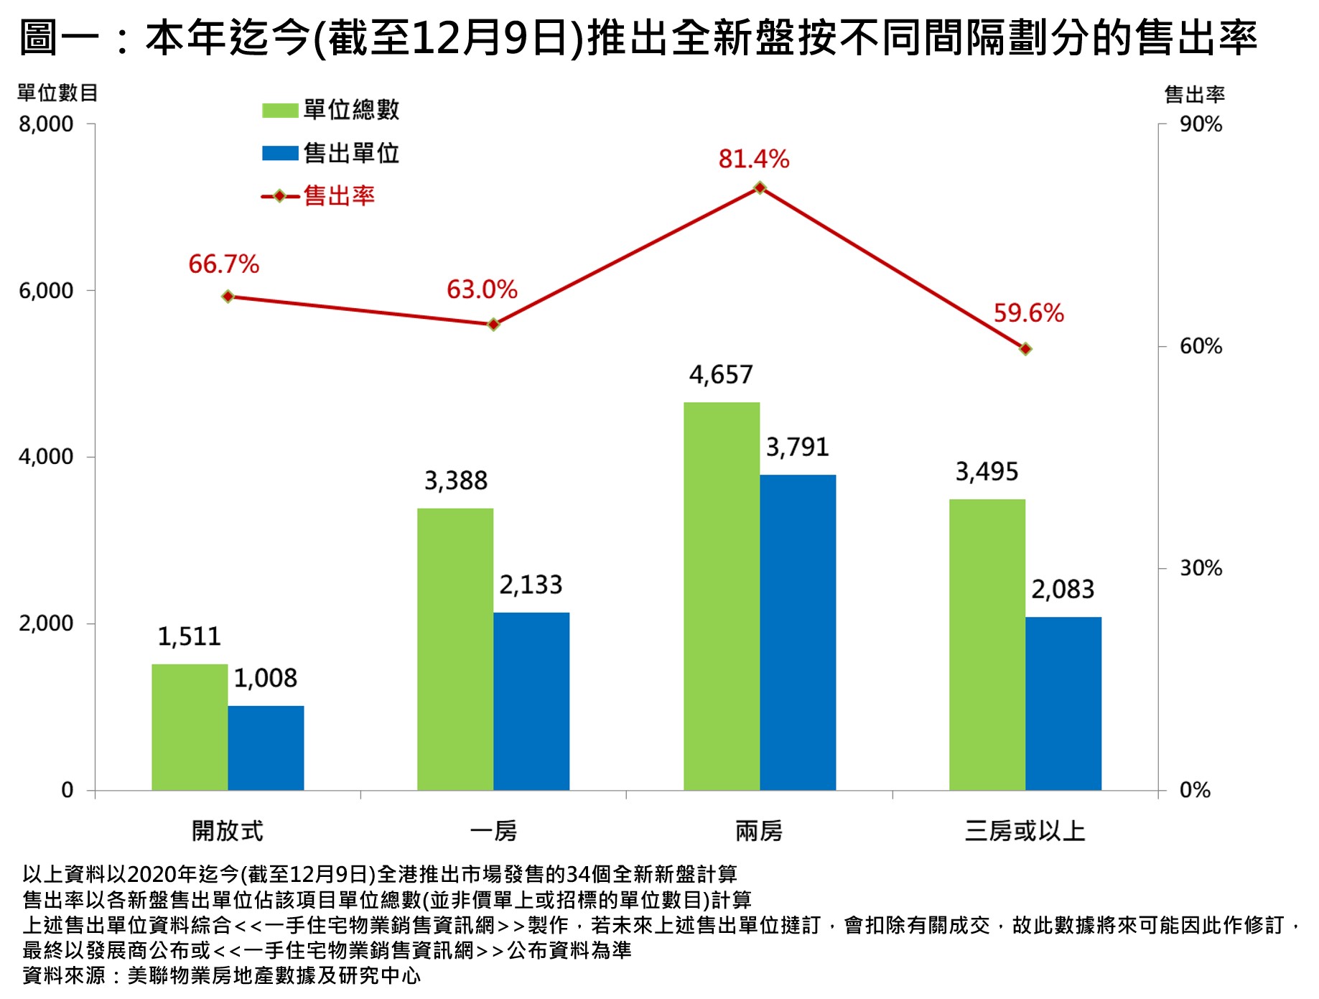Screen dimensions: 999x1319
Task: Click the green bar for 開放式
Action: pos(190,727)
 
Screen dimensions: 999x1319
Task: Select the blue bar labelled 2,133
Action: pos(531,701)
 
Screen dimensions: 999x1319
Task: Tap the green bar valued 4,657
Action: pos(721,596)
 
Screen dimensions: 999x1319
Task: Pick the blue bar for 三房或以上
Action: pos(1063,703)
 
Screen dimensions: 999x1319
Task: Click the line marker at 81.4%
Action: pos(760,188)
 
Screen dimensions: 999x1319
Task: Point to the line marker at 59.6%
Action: pos(1025,349)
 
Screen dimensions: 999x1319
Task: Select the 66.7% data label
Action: pos(223,264)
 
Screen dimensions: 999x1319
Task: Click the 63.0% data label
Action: pos(482,290)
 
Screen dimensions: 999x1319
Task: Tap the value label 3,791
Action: pos(797,447)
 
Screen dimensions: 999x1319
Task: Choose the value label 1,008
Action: pos(265,678)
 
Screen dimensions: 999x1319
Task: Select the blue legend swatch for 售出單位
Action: pos(280,153)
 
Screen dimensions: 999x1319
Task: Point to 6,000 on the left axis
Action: pos(46,291)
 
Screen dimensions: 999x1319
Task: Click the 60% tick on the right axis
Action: pos(1200,346)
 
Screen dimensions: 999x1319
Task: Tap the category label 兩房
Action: pos(759,831)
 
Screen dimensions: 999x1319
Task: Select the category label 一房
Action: pos(493,831)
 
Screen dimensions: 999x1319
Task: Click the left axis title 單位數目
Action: pos(57,93)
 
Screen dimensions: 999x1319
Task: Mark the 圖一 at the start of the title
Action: pos(59,37)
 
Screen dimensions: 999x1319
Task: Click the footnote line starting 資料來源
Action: pos(221,975)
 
